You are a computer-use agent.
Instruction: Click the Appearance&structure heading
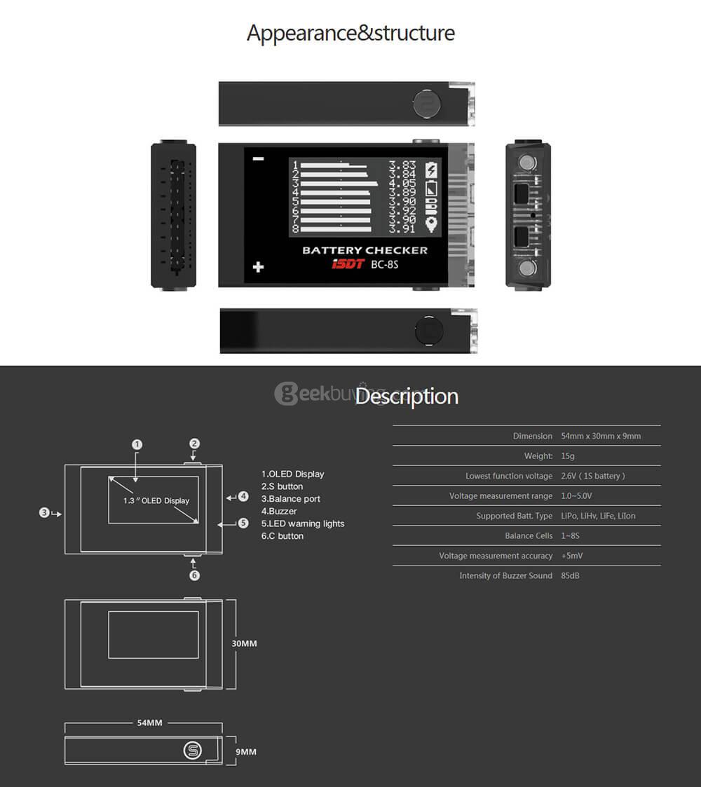(x=350, y=33)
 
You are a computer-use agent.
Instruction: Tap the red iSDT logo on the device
(x=347, y=264)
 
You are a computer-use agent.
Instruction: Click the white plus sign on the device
(x=259, y=267)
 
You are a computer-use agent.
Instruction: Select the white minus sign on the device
(x=259, y=159)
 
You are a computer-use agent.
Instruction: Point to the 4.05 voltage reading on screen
(x=402, y=184)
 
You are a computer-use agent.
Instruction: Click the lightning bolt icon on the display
(x=431, y=170)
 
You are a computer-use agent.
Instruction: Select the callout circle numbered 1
(x=137, y=444)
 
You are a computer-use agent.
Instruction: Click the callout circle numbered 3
(x=44, y=513)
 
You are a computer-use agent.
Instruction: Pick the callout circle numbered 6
(x=195, y=575)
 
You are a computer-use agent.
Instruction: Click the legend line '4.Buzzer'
(x=279, y=512)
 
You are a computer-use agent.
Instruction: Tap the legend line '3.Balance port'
(x=291, y=499)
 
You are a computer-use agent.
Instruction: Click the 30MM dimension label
(x=244, y=643)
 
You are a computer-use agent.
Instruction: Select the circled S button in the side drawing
(x=192, y=751)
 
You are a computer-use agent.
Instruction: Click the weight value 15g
(x=568, y=456)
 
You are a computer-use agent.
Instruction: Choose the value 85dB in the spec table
(x=571, y=575)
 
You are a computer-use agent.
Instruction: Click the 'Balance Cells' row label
(x=529, y=536)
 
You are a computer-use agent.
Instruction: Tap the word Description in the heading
(x=407, y=397)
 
